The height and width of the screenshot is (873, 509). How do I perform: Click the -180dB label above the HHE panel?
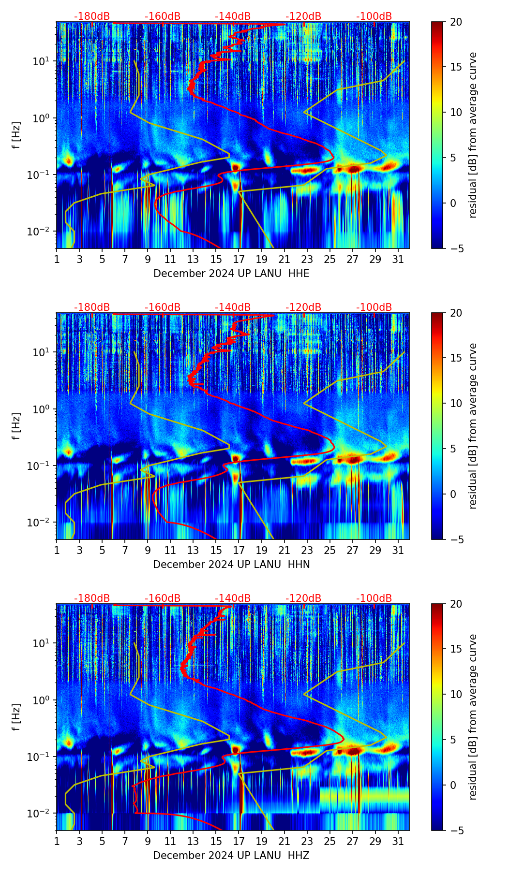point(92,16)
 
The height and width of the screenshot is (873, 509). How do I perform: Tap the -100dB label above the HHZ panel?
point(374,598)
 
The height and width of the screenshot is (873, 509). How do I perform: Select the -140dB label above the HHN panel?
point(233,307)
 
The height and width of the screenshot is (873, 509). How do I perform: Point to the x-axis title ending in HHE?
point(231,274)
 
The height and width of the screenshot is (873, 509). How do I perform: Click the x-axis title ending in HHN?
point(231,565)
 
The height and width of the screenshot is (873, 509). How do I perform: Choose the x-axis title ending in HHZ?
point(231,856)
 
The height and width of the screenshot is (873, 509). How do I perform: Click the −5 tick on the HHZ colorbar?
point(455,830)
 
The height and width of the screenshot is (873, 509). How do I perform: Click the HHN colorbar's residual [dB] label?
point(473,426)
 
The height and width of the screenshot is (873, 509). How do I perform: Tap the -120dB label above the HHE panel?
point(303,16)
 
